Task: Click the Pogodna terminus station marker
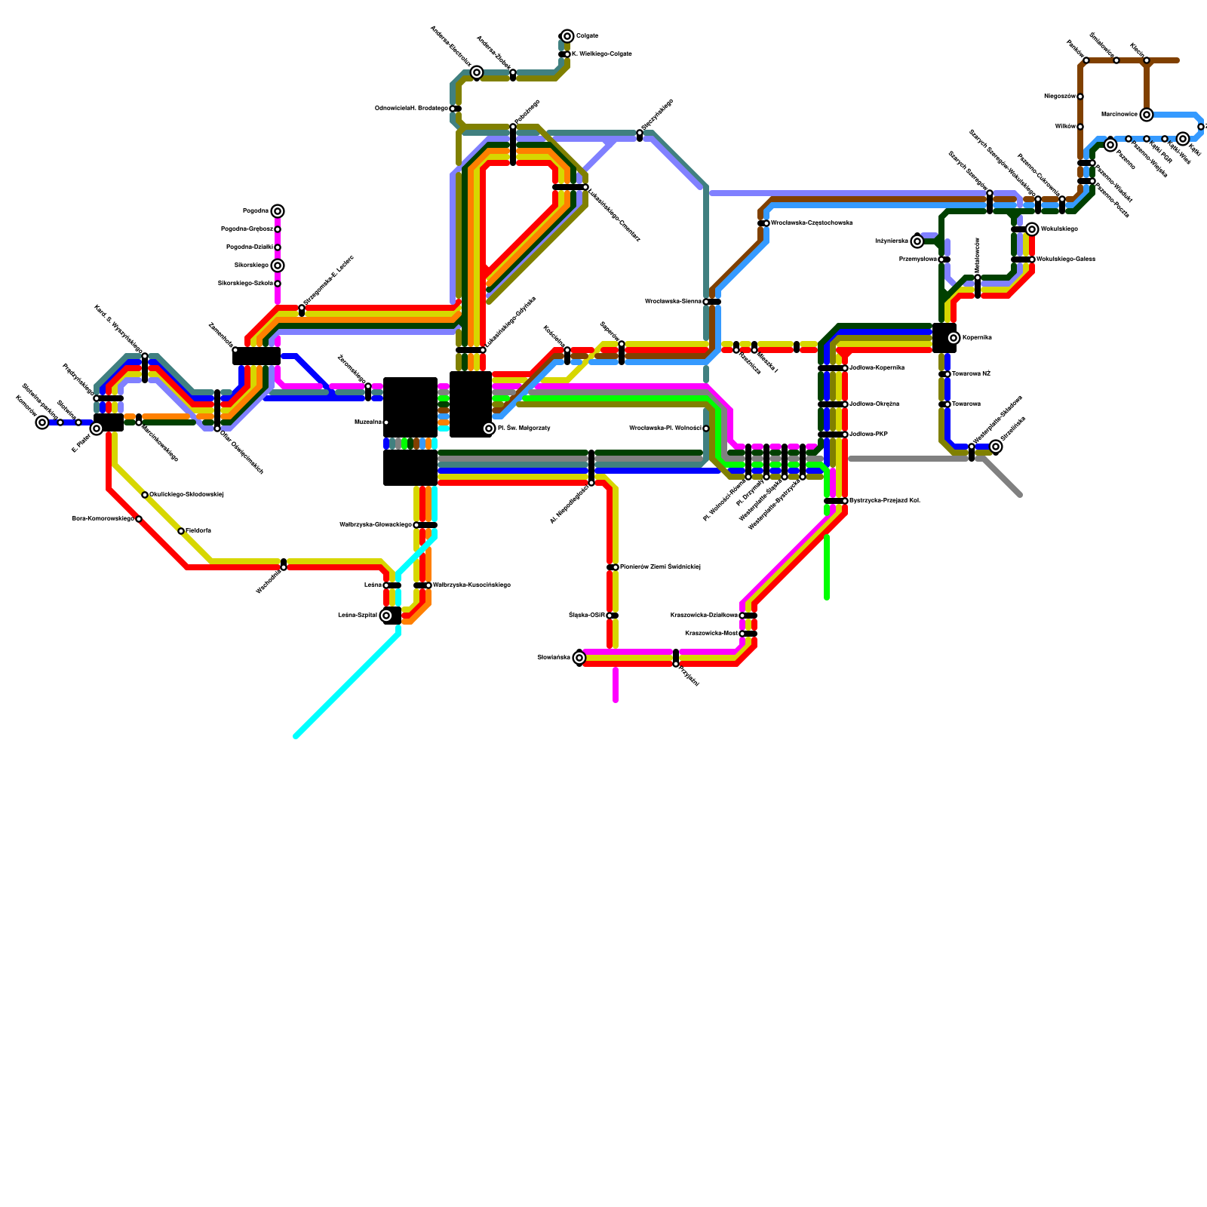click(x=278, y=211)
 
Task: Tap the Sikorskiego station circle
click(x=278, y=266)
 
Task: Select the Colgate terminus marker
click(x=567, y=36)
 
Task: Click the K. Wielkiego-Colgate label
click(x=601, y=54)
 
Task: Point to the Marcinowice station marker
click(x=1147, y=115)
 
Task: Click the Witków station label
click(x=1064, y=127)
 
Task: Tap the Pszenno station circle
click(x=1110, y=145)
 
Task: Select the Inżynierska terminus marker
click(x=917, y=241)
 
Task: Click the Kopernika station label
click(x=977, y=338)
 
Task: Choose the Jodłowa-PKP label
click(x=868, y=435)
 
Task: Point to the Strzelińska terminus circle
click(x=996, y=447)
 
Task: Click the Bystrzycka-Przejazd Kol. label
click(x=884, y=501)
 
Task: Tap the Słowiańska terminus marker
click(x=579, y=658)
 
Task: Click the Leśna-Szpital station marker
click(x=386, y=616)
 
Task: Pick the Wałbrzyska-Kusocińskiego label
click(x=471, y=585)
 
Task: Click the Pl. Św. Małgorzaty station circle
click(x=489, y=428)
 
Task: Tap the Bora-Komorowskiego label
click(x=103, y=519)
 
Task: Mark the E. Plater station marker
click(x=97, y=428)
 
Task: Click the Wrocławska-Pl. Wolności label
click(x=665, y=428)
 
